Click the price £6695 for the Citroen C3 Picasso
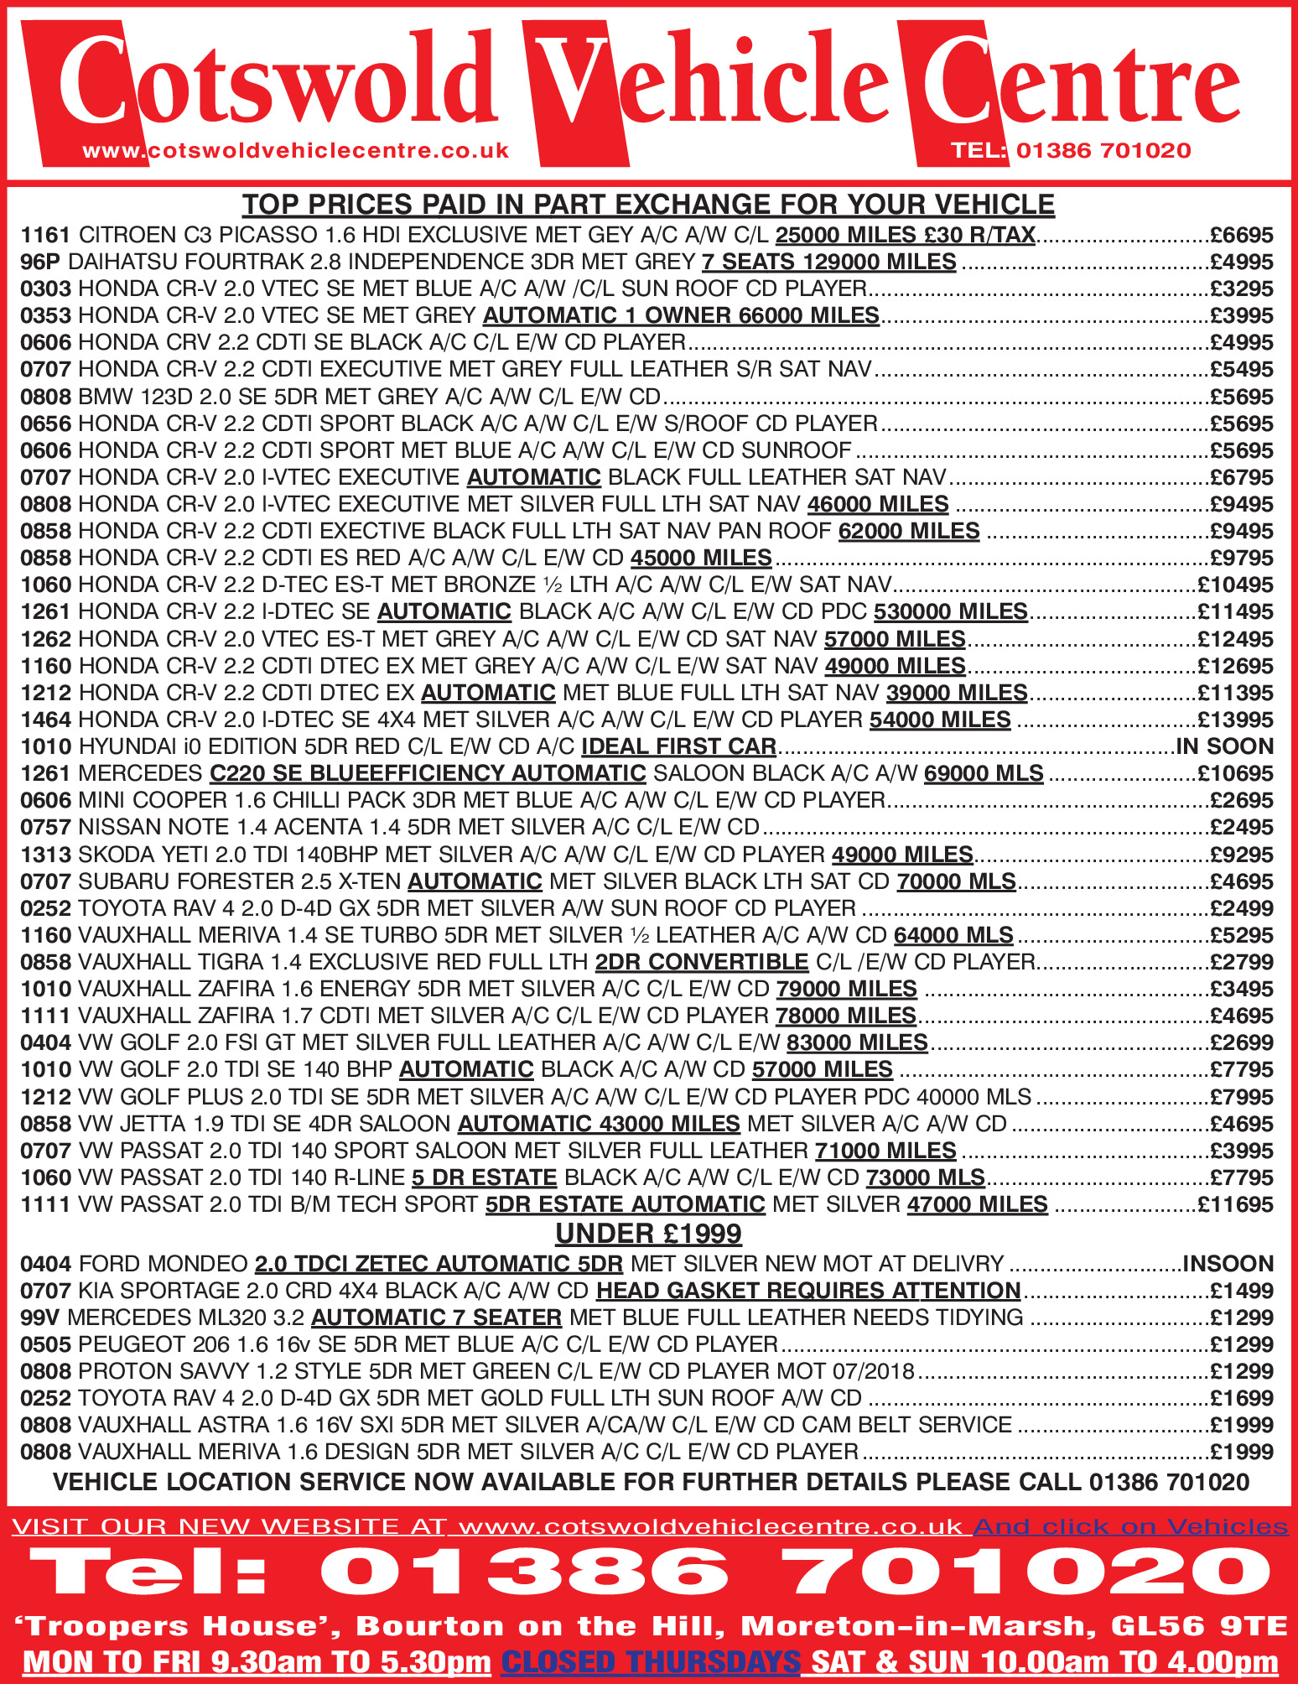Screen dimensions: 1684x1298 click(x=1241, y=236)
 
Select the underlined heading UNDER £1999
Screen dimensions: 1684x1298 click(x=648, y=1234)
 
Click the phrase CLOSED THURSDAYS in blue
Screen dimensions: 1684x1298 click(x=650, y=1661)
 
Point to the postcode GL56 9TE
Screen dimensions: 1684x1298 click(x=1199, y=1626)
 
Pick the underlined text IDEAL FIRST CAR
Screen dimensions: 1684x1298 click(x=678, y=747)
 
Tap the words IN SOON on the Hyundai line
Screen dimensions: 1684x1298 click(x=1225, y=747)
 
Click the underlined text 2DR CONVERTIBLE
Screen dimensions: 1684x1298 click(x=701, y=962)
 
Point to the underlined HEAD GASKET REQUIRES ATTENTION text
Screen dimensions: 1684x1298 click(x=808, y=1291)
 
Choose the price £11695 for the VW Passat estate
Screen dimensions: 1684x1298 click(x=1235, y=1205)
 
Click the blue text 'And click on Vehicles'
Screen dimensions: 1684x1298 click(x=1129, y=1526)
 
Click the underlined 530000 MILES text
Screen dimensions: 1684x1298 click(x=950, y=612)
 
